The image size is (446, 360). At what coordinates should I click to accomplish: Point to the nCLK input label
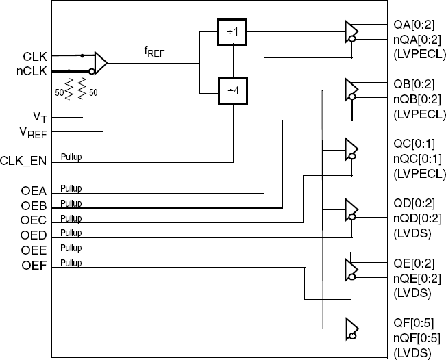click(x=32, y=69)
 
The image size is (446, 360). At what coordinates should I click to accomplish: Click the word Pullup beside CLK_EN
click(x=71, y=157)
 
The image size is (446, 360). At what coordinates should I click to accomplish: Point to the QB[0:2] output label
click(x=414, y=84)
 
